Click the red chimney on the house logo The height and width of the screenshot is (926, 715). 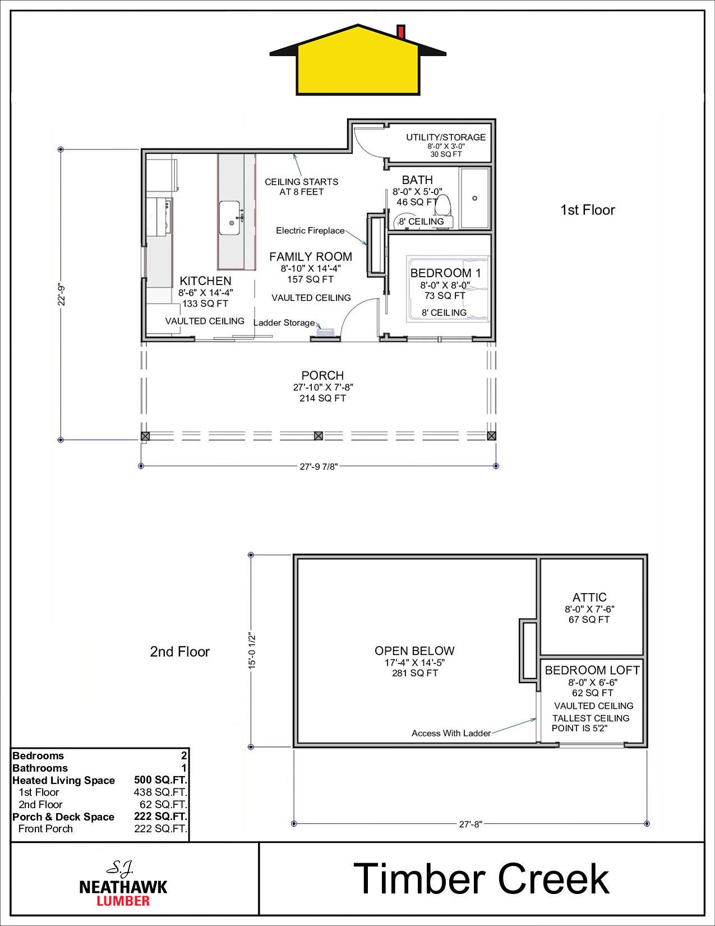(x=400, y=32)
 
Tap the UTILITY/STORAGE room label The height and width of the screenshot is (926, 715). (x=445, y=137)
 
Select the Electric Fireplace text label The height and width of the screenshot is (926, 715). (x=310, y=231)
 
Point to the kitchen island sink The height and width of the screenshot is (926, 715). (x=229, y=218)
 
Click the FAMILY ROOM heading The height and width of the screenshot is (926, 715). (x=311, y=256)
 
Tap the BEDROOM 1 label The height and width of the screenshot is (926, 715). (x=445, y=273)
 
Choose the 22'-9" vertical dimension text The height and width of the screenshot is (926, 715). (x=62, y=295)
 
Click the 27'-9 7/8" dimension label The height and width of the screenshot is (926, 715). (x=319, y=466)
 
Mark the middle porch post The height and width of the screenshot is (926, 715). (x=318, y=436)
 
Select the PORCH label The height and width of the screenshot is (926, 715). (x=322, y=375)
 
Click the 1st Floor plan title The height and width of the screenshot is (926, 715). (x=587, y=210)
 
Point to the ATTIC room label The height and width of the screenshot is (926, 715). (x=589, y=597)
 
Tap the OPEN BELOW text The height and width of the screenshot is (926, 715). (x=414, y=650)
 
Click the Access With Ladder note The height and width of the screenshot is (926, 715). (x=451, y=733)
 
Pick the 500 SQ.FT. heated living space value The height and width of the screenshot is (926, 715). (x=160, y=780)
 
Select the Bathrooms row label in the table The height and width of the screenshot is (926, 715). (x=40, y=768)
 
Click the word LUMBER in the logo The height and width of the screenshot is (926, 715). (x=123, y=900)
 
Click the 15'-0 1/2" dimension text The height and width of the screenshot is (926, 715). (x=252, y=650)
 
